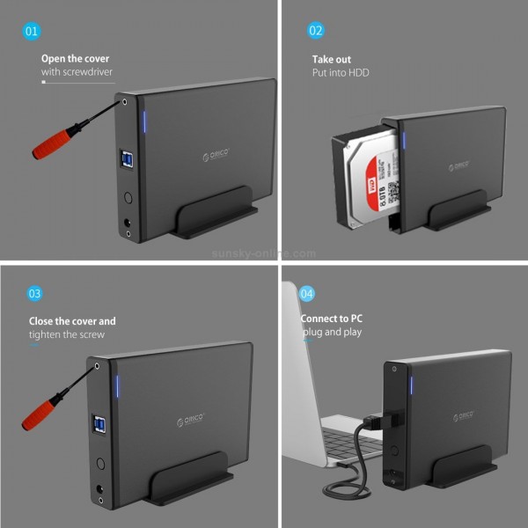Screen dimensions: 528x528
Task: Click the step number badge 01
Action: click(32, 31)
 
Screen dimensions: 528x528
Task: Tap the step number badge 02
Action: click(315, 31)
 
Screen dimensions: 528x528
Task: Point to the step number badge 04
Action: click(306, 293)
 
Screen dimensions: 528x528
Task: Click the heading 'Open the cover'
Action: click(76, 59)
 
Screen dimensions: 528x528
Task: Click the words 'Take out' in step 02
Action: click(332, 59)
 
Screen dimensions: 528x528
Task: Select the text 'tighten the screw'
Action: click(67, 334)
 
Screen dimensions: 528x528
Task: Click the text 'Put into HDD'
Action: click(341, 72)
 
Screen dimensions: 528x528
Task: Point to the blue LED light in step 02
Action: click(405, 141)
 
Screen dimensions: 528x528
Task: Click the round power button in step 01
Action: click(128, 199)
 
